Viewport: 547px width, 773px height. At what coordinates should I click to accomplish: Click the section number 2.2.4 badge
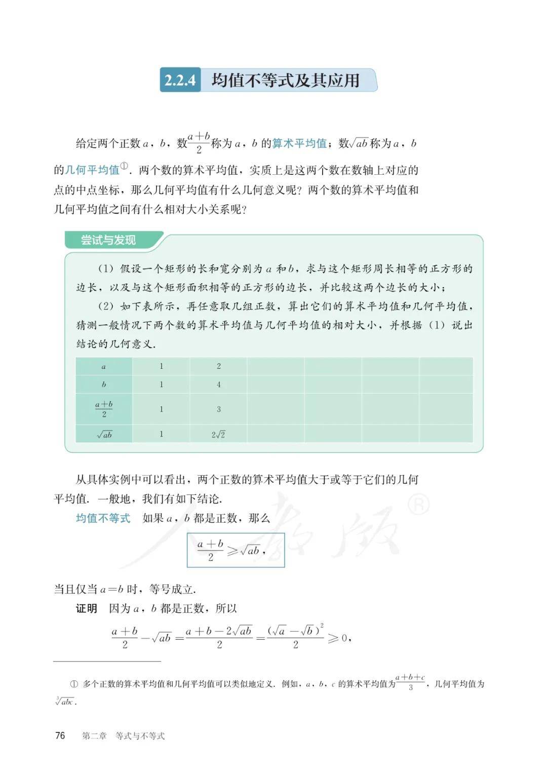(x=180, y=80)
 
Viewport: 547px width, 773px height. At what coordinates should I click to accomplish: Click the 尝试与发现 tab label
(x=108, y=240)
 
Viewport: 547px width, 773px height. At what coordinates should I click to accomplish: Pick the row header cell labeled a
(x=104, y=366)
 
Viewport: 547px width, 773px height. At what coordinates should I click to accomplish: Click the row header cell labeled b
(x=104, y=384)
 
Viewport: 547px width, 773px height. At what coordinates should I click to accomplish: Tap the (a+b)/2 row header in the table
(x=104, y=409)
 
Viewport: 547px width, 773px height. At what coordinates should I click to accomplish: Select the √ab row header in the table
(x=104, y=434)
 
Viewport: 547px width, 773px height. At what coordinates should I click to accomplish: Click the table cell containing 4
(x=219, y=384)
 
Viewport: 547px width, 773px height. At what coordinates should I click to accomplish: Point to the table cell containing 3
(x=219, y=409)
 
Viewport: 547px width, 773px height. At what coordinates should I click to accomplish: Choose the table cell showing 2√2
(x=218, y=434)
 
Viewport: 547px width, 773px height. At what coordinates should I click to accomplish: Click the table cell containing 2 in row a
(x=219, y=366)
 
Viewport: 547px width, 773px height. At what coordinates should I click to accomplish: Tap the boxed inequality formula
(x=236, y=550)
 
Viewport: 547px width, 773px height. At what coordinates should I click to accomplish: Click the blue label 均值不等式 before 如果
(x=103, y=518)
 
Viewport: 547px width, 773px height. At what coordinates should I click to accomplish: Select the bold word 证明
(x=86, y=608)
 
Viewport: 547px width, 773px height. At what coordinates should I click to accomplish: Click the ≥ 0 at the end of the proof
(x=338, y=638)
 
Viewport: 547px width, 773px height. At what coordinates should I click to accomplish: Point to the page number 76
(x=60, y=736)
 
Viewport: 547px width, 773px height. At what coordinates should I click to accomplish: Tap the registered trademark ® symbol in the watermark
(x=418, y=504)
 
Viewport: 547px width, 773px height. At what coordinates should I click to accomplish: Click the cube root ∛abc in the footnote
(x=65, y=702)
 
